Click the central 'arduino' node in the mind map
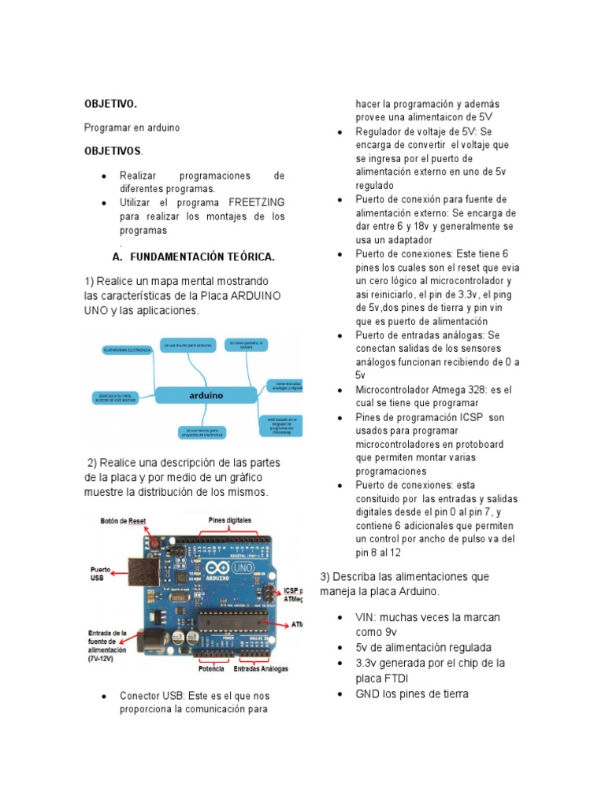[x=206, y=395]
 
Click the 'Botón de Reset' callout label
[x=122, y=521]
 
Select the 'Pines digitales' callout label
[x=230, y=520]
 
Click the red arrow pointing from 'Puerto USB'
[x=121, y=575]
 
